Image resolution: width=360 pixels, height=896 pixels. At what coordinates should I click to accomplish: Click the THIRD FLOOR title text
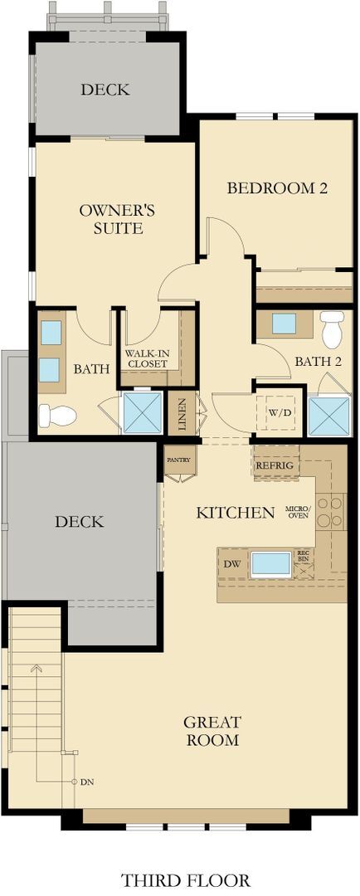(184, 879)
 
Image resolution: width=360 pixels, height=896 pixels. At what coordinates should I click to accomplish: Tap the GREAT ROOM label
(212, 731)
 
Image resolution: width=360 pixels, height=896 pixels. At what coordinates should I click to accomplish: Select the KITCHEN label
(235, 513)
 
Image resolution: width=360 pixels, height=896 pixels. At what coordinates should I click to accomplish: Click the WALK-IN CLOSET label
(148, 358)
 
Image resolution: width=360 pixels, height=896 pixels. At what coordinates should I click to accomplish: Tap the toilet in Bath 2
(332, 329)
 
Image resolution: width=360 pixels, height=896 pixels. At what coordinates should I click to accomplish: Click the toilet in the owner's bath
(57, 415)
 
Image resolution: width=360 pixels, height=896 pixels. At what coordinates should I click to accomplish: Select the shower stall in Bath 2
(328, 416)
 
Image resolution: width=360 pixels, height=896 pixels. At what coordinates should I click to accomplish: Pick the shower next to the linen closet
(143, 412)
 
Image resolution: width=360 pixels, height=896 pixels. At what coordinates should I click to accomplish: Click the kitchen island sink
(271, 563)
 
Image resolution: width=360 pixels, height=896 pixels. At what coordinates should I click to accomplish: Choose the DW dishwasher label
(233, 563)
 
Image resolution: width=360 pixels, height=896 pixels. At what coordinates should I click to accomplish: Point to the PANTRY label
(178, 459)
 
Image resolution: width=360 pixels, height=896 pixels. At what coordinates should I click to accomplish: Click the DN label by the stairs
(87, 782)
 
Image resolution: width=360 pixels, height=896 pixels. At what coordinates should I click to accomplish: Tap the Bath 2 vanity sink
(285, 324)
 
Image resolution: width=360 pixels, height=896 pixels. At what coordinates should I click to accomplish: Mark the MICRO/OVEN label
(297, 512)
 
